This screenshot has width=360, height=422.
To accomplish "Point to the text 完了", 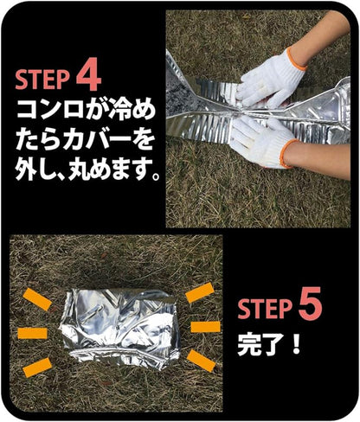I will point(257,347).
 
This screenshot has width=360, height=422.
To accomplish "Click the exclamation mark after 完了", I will point(294,347).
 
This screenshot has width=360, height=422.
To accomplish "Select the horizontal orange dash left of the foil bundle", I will point(32,333).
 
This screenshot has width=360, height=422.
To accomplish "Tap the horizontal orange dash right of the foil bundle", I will point(204,327).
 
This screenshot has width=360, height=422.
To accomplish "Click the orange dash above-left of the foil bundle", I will point(37,298).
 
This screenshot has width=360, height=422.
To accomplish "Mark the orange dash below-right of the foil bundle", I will point(198,361).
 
